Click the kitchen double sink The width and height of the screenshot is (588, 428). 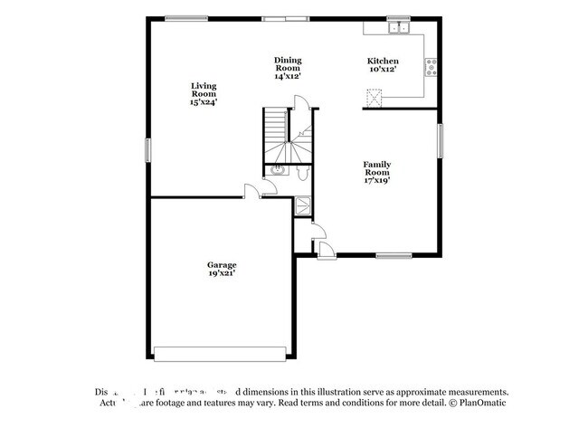point(397,28)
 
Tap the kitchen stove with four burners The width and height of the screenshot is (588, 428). point(432,65)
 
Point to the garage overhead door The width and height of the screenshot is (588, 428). point(222,353)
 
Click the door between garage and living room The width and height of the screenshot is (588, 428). point(252,192)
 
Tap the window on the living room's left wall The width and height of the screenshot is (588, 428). point(148,150)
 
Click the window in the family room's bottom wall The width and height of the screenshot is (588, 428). point(394,255)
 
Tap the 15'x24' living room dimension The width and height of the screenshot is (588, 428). point(204,102)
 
